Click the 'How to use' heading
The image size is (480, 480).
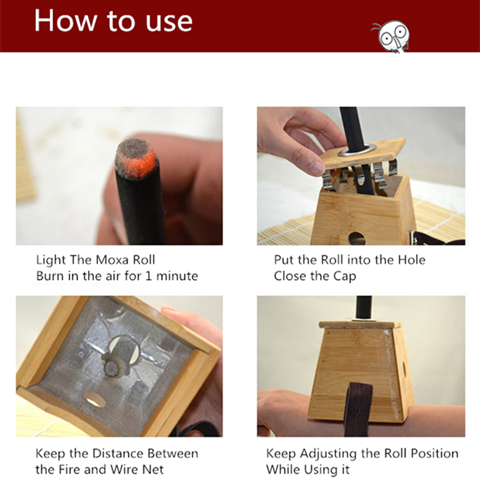tap(113, 21)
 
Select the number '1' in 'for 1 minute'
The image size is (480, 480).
tap(148, 276)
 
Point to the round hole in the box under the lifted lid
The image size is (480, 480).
tap(356, 238)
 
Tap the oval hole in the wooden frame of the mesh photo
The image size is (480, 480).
tap(95, 399)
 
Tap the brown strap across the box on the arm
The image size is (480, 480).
tap(358, 409)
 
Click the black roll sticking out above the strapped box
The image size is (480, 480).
tap(364, 308)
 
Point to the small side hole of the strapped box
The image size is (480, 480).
tap(404, 368)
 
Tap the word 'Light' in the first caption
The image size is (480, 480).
tap(51, 260)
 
